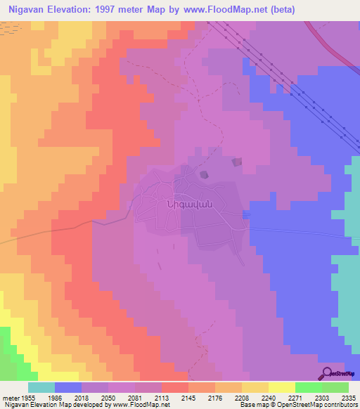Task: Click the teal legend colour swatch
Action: tap(41, 387)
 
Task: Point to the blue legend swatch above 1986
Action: tap(68, 387)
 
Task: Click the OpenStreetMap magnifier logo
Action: tap(326, 373)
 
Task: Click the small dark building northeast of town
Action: tap(236, 162)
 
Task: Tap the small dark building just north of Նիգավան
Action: tap(204, 174)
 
